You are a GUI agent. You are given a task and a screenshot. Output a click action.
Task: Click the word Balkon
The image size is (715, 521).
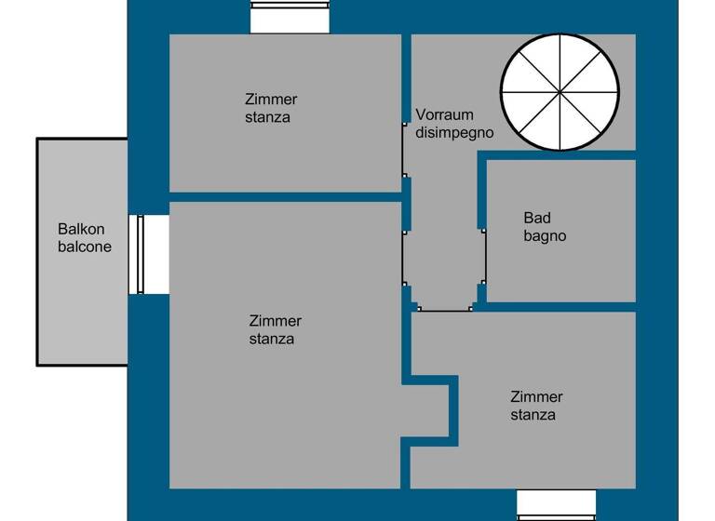pyautogui.click(x=81, y=229)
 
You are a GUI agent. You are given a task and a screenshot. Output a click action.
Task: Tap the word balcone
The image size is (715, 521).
pyautogui.click(x=85, y=247)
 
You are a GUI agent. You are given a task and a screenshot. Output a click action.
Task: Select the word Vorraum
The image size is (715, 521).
pyautogui.click(x=444, y=115)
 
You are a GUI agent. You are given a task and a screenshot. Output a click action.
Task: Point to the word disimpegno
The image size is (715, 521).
pyautogui.click(x=454, y=133)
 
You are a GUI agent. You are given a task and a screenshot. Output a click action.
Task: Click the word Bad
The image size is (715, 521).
pyautogui.click(x=537, y=219)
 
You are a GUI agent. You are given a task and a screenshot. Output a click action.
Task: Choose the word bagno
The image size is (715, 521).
pyautogui.click(x=545, y=236)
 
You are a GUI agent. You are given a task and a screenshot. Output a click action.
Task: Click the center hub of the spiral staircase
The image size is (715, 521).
pyautogui.click(x=560, y=92)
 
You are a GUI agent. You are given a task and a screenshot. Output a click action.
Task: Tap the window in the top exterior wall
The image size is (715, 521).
pyautogui.click(x=290, y=16)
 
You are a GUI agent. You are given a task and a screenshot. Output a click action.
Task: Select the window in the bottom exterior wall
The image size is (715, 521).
pyautogui.click(x=556, y=503)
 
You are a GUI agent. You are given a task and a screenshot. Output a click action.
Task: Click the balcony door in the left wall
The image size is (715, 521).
pyautogui.click(x=142, y=254)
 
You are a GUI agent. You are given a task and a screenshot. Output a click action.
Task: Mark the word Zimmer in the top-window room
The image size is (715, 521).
pyautogui.click(x=271, y=100)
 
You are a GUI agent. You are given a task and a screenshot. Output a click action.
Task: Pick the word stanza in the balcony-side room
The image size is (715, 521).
pyautogui.click(x=272, y=339)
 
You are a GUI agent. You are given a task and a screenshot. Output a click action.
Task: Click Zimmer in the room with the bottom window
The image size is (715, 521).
pyautogui.click(x=536, y=397)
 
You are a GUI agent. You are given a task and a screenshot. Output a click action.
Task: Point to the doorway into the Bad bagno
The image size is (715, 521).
pyautogui.click(x=482, y=255)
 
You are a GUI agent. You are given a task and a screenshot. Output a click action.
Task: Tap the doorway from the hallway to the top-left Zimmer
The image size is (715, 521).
pyautogui.click(x=405, y=148)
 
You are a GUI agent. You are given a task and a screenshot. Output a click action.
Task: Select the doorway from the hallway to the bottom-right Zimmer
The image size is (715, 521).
pyautogui.click(x=444, y=309)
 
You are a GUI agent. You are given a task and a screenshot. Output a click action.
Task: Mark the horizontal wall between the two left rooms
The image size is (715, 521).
pyautogui.click(x=284, y=197)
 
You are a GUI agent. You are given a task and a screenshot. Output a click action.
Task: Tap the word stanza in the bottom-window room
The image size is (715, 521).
pyautogui.click(x=533, y=415)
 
